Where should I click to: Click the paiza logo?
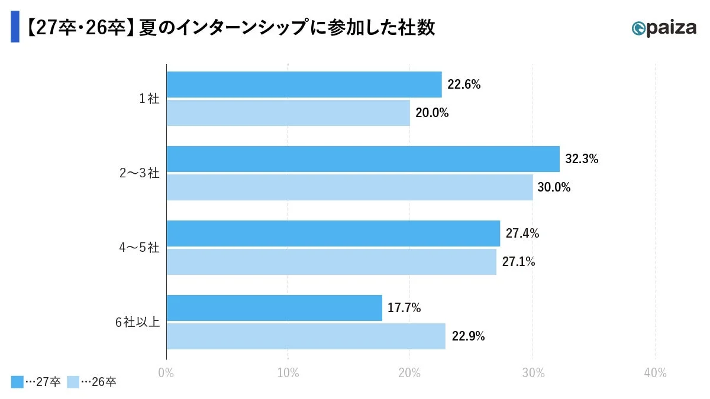coord(663,28)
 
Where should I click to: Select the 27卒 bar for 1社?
coord(304,85)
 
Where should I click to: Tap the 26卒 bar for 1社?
coord(288,113)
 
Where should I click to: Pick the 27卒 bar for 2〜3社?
coord(363,159)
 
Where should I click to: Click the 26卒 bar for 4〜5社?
coord(331,262)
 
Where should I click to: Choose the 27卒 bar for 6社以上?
coord(274,308)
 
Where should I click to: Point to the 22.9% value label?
coord(468,336)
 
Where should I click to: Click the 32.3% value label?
coord(582,159)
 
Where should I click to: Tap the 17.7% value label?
coord(404,308)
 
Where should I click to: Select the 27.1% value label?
coord(518,262)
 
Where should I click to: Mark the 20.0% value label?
coord(432,113)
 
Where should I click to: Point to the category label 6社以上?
coord(137,322)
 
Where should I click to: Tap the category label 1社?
coord(149,99)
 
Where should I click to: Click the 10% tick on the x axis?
coord(288,373)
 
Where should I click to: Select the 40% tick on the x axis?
coord(655,373)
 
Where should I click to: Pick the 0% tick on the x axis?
coord(166,373)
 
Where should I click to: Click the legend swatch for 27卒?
coord(17,382)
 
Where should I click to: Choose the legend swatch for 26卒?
coord(73,382)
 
